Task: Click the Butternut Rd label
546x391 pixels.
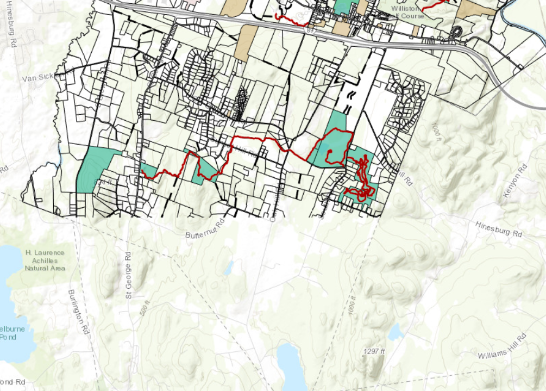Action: (x=205, y=229)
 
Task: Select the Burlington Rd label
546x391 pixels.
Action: (x=79, y=312)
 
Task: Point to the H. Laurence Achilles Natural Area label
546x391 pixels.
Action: (x=45, y=260)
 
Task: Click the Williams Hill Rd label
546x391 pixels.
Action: (x=503, y=347)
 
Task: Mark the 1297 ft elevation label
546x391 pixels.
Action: (x=374, y=351)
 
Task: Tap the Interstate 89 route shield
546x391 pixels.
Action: (x=310, y=32)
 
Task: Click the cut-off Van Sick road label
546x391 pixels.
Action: (x=39, y=78)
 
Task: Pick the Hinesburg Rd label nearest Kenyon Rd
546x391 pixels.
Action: (x=498, y=229)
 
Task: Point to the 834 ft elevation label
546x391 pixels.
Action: (x=102, y=182)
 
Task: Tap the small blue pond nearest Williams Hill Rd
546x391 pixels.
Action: (x=396, y=331)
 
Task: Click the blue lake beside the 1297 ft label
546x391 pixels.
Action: (x=292, y=367)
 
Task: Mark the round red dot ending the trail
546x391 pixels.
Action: (x=329, y=152)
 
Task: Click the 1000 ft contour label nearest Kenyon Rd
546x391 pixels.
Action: (x=436, y=132)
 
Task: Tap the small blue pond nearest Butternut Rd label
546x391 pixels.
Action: (x=229, y=268)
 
